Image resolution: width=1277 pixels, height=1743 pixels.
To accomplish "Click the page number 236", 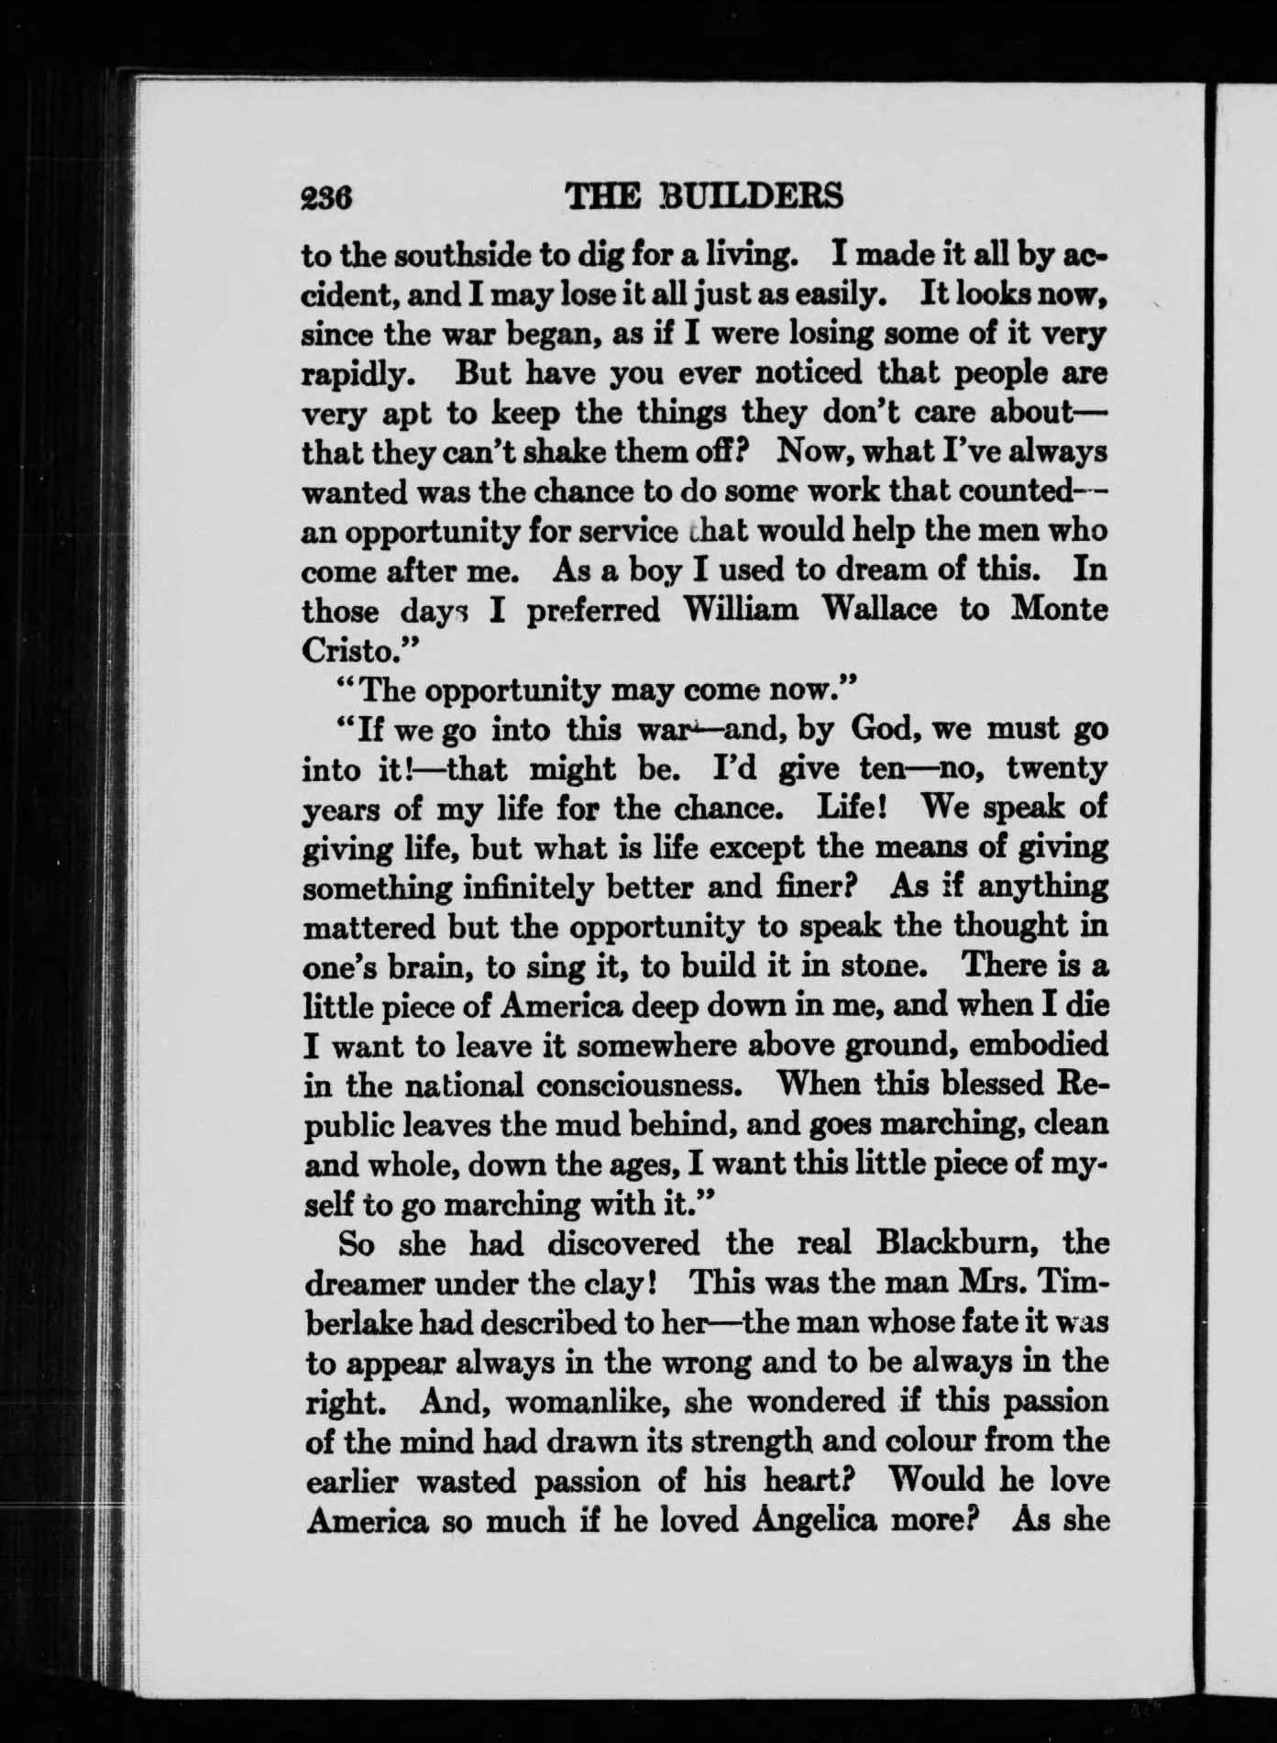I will pyautogui.click(x=327, y=195).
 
